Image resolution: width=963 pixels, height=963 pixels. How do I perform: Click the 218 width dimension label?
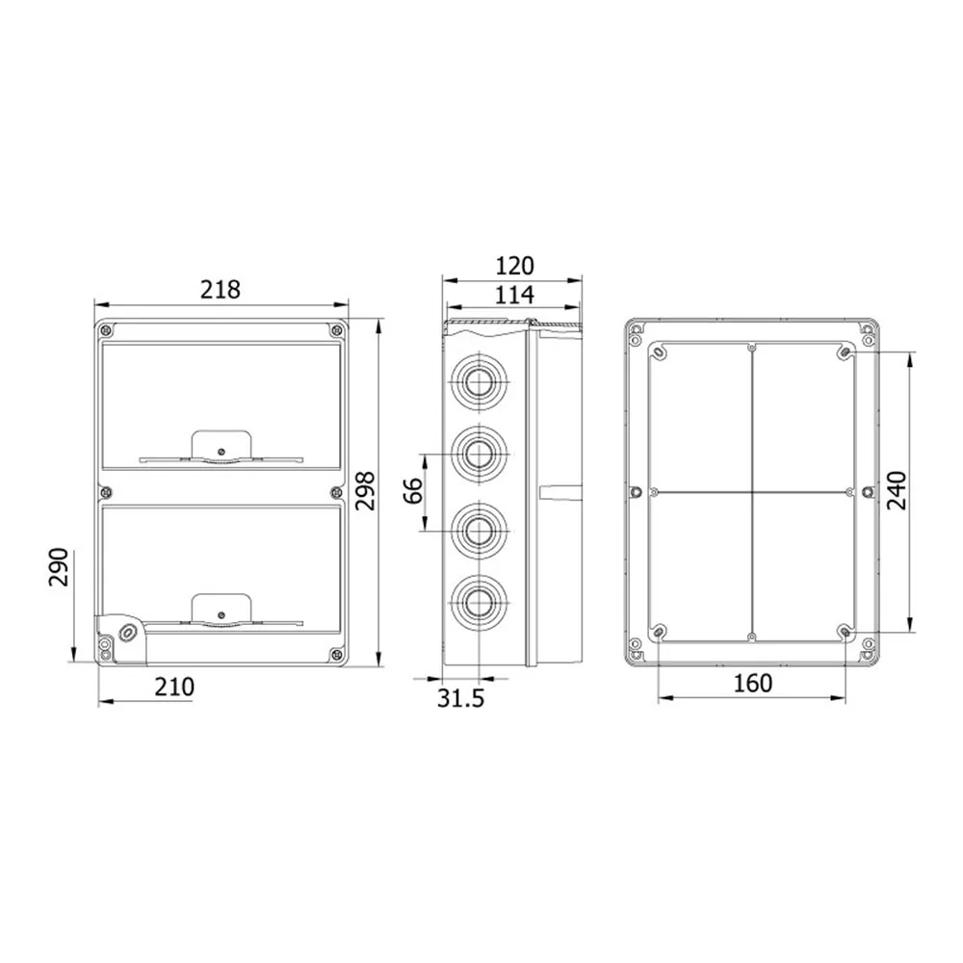click(220, 289)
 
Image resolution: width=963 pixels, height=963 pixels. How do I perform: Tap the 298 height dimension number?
click(365, 491)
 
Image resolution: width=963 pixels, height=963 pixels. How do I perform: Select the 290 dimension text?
click(59, 567)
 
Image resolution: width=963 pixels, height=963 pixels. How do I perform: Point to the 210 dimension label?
click(174, 687)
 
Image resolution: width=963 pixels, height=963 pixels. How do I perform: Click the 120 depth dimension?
click(514, 266)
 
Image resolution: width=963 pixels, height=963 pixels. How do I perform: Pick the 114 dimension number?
click(514, 295)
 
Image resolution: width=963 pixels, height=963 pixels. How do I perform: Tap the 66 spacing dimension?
click(414, 490)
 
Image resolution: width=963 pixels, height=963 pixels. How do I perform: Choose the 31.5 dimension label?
click(460, 698)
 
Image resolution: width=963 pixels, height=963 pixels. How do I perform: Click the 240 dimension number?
click(898, 491)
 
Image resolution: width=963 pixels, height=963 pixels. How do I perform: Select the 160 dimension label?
click(753, 683)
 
